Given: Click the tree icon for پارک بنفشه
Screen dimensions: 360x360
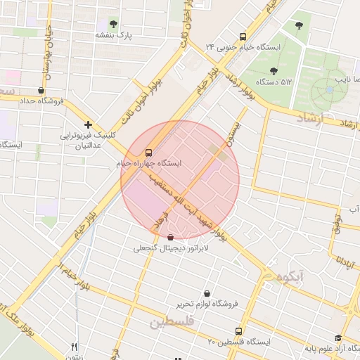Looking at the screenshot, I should [x=114, y=24].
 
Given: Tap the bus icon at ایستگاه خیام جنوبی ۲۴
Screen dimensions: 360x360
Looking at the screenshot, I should [x=243, y=37].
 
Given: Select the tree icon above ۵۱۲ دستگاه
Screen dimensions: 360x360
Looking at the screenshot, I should [x=274, y=70].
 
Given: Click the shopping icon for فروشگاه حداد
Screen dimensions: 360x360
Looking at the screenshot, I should [x=41, y=90].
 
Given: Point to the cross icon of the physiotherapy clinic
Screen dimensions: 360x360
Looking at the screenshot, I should [x=88, y=124].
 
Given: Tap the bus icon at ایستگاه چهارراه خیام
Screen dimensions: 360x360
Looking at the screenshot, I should [x=148, y=152].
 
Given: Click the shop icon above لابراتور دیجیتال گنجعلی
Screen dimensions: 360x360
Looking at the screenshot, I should [x=171, y=238].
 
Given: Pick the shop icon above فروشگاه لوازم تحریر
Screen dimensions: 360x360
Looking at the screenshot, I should [x=207, y=293].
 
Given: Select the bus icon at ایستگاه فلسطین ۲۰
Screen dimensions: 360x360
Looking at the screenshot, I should [x=238, y=330].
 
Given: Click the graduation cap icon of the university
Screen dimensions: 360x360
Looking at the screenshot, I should [x=338, y=337].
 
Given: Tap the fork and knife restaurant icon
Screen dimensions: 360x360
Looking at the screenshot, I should [x=75, y=346].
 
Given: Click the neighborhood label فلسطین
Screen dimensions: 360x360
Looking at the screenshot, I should [x=169, y=323].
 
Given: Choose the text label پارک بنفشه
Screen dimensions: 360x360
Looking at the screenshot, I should [x=114, y=34].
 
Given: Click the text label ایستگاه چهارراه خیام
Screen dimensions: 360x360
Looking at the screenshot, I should [x=148, y=163].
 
